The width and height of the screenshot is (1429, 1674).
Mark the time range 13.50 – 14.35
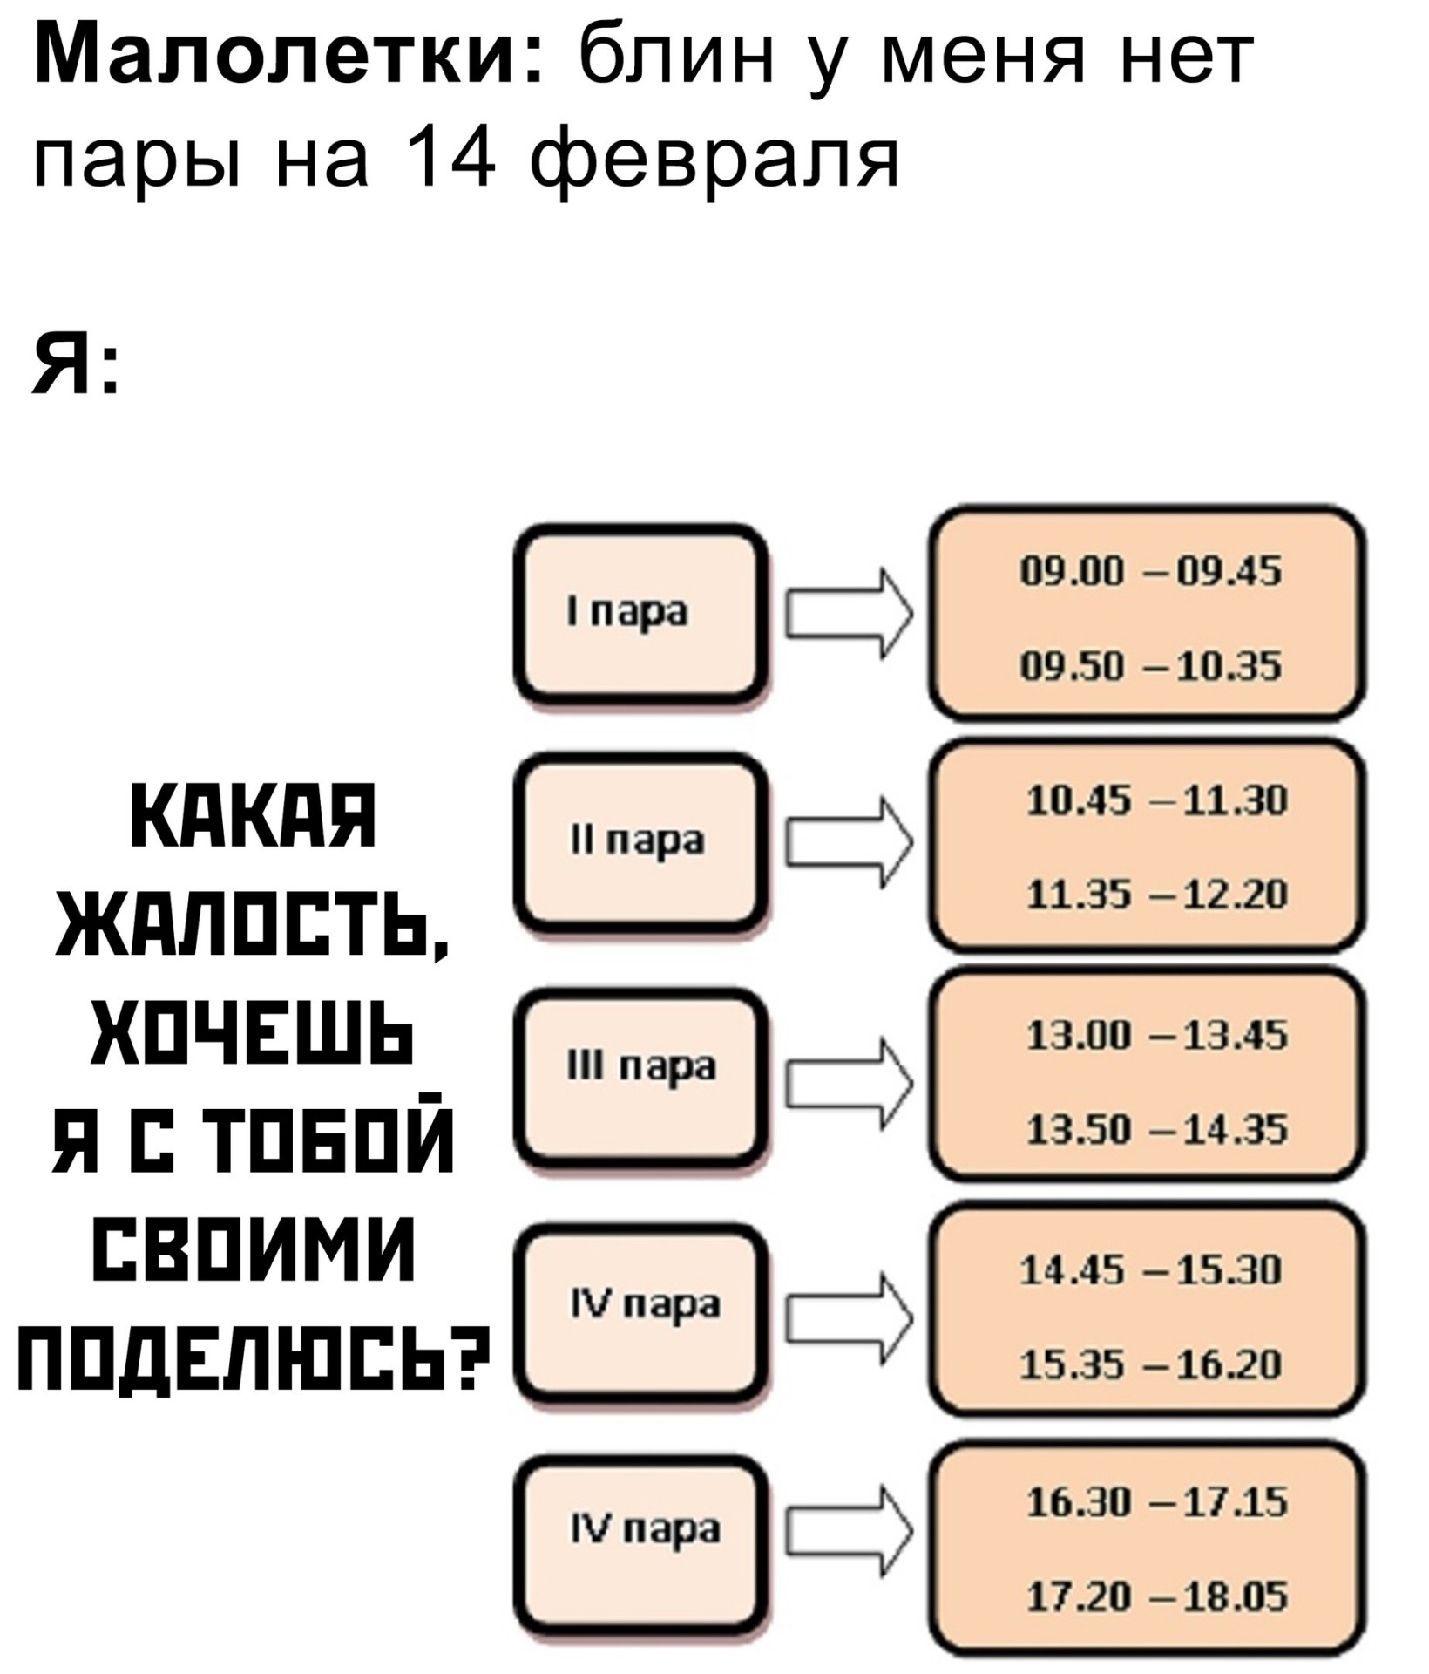point(1157,1130)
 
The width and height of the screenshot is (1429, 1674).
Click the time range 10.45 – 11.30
point(1157,800)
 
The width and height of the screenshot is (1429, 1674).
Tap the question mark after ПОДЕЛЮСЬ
point(472,1358)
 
